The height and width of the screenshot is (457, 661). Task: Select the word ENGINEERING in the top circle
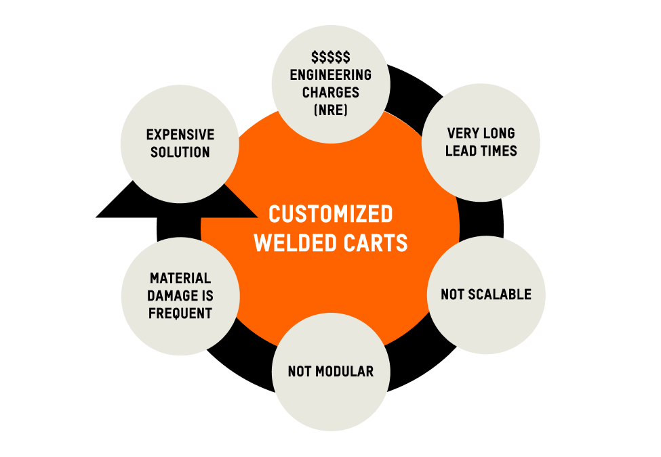click(331, 75)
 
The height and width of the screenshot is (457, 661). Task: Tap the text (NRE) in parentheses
click(331, 110)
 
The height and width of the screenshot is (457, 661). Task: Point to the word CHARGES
click(331, 92)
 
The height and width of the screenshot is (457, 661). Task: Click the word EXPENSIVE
click(179, 135)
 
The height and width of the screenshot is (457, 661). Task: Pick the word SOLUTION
click(180, 152)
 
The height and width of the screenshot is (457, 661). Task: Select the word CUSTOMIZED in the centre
click(331, 215)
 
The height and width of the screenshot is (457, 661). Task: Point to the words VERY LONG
click(481, 133)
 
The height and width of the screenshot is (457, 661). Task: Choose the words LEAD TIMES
click(481, 151)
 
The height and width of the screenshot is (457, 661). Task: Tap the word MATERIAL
click(180, 278)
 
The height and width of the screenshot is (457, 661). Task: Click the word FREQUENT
click(180, 313)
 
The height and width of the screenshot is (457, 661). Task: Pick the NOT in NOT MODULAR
click(300, 372)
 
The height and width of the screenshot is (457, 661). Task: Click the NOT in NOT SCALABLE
click(452, 295)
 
